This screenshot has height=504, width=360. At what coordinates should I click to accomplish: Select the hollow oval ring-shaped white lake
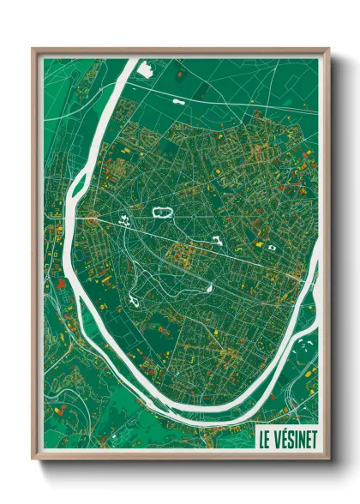(161, 210)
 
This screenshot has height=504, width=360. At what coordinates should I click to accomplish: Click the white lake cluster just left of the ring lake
(126, 219)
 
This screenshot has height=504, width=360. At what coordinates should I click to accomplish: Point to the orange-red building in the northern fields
(180, 75)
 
